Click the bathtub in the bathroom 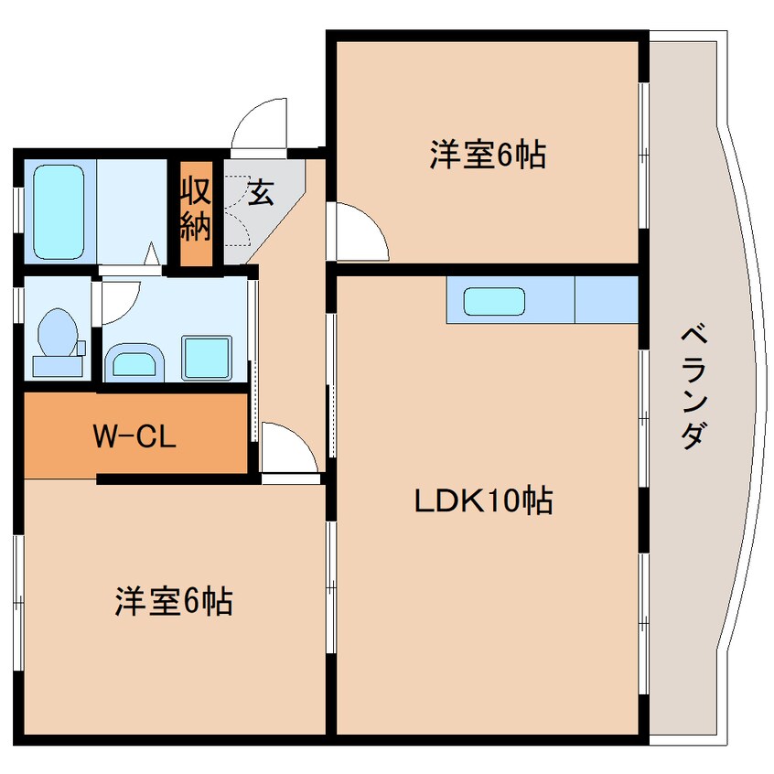coord(60,210)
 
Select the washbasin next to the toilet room coord(132,362)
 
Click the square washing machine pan coord(210,357)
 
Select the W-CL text coord(134,435)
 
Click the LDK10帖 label coord(484,500)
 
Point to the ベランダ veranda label coord(693,384)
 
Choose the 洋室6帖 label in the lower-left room coord(173,601)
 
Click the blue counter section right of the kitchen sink coord(605,299)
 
